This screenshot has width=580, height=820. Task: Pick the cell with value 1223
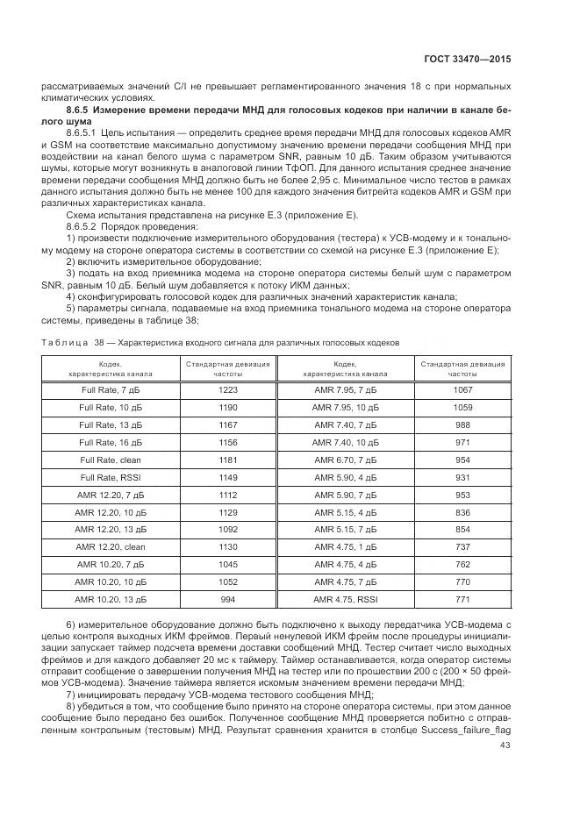click(x=227, y=389)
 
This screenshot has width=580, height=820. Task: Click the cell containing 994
click(x=227, y=599)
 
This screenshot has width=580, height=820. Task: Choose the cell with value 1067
click(x=462, y=389)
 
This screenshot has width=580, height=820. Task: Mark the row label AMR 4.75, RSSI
click(x=345, y=599)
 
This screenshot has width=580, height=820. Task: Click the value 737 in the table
click(x=462, y=546)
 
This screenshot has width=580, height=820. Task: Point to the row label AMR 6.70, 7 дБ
click(x=345, y=460)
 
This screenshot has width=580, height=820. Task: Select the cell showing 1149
click(x=227, y=477)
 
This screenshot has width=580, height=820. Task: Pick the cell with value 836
click(x=462, y=512)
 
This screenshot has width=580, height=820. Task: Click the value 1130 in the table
click(x=227, y=546)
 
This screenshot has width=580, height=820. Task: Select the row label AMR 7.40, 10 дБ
click(x=345, y=442)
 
